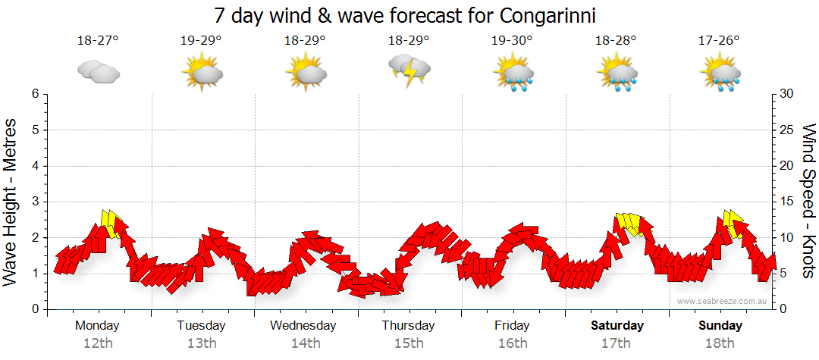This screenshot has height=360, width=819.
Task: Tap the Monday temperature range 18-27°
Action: coord(98,40)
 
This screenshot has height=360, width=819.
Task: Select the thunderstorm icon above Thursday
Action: coord(409,70)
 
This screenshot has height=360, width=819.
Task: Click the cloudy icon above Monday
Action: coord(99,72)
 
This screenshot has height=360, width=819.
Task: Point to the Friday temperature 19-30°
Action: coord(512,40)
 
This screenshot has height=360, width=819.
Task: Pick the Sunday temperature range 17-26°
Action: coord(720,40)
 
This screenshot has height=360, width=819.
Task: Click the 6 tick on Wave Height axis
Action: coord(35,94)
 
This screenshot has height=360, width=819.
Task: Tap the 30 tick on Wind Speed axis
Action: coord(788,94)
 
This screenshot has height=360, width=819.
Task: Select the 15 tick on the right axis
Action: coord(788,202)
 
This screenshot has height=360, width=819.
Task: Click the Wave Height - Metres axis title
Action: coord(11,202)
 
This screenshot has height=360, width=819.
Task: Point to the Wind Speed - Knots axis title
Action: coord(808,202)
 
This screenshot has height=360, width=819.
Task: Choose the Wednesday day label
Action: coord(303,326)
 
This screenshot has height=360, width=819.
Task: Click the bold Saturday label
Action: coord(617,326)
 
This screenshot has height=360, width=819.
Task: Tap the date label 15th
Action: coord(409,343)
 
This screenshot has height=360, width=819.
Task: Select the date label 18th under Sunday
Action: coord(720,343)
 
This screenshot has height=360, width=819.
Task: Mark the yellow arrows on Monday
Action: coord(111,224)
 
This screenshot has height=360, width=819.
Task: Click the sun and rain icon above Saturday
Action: coord(617,74)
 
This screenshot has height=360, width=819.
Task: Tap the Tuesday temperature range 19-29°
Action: coord(202,40)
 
